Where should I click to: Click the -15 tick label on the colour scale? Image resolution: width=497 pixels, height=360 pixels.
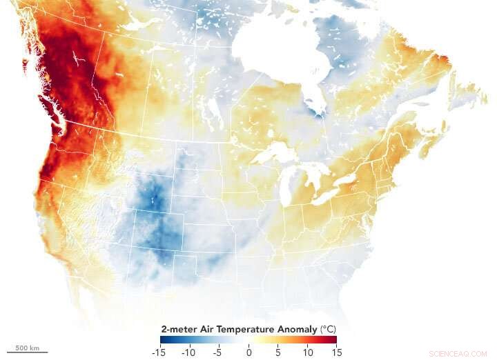[x=161, y=352]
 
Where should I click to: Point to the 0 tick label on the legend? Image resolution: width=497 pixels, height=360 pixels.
[x=249, y=352]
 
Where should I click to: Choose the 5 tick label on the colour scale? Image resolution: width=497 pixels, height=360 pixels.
[x=278, y=352]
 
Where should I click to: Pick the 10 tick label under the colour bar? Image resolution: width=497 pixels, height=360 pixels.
[x=307, y=352]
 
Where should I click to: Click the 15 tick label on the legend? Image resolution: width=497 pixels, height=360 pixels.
[x=336, y=352]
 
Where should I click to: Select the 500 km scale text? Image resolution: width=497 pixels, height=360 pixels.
[x=27, y=346]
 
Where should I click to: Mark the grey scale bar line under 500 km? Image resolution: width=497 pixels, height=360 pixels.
[x=27, y=352]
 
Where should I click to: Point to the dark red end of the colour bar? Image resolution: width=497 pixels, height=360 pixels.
[x=333, y=340]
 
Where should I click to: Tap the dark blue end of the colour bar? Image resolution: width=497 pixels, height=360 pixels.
[x=164, y=340]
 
